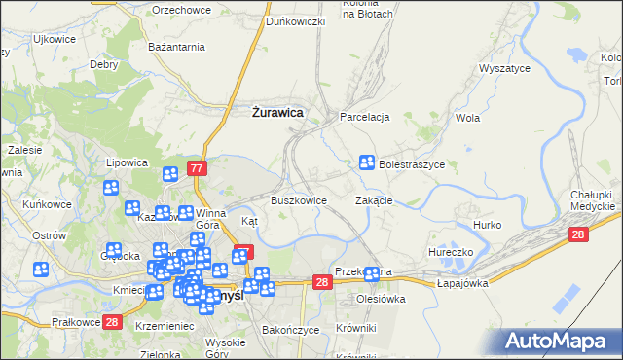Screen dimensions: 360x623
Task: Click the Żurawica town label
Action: [277, 113]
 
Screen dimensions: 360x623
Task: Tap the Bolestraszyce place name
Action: [412, 165]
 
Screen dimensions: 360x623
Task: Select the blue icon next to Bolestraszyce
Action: [368, 162]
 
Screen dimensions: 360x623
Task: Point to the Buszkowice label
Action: [298, 200]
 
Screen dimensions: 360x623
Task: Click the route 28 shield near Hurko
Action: [579, 234]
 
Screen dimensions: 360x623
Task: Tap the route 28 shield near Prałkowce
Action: [112, 322]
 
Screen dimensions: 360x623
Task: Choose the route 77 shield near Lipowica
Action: [198, 168]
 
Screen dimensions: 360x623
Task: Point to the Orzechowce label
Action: [182, 11]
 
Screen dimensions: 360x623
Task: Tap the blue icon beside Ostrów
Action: [41, 270]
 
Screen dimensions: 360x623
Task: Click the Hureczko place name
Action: [450, 252]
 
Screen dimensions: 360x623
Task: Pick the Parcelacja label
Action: [365, 117]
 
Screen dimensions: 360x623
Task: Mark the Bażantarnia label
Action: [175, 47]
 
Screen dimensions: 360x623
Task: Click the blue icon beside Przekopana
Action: [371, 274]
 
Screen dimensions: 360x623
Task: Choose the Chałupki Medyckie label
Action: [593, 200]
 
